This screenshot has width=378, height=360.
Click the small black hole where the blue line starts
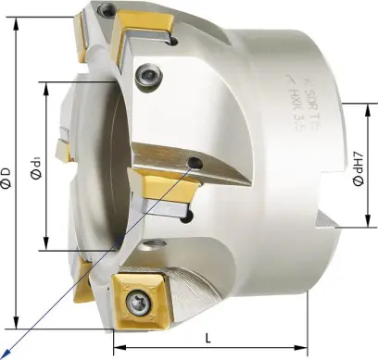(x=195, y=164)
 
